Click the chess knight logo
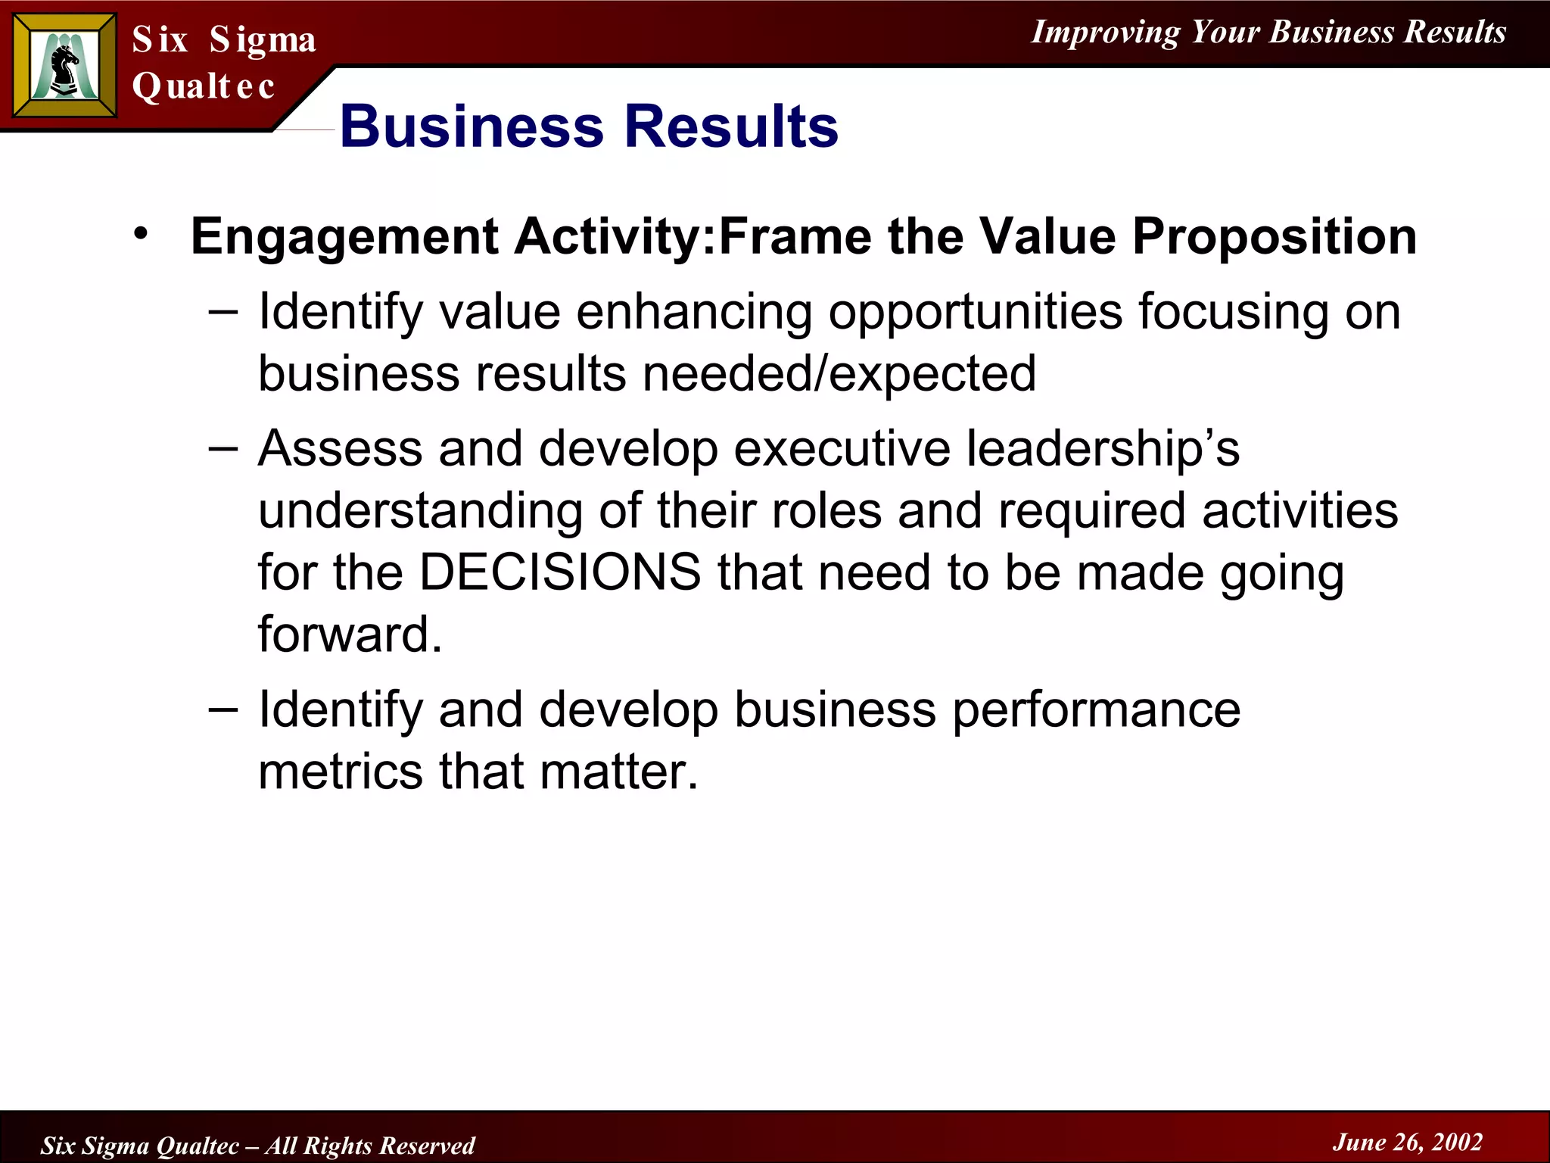tap(65, 65)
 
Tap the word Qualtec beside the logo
tap(203, 86)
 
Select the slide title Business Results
tap(589, 126)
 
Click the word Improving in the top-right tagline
tap(1105, 33)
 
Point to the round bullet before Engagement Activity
tap(140, 234)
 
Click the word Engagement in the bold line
tap(344, 236)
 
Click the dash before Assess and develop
tap(223, 449)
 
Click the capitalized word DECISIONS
tap(560, 572)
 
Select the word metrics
tap(341, 772)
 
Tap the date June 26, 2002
tap(1407, 1142)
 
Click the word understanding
tap(421, 512)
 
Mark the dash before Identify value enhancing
tap(223, 312)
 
